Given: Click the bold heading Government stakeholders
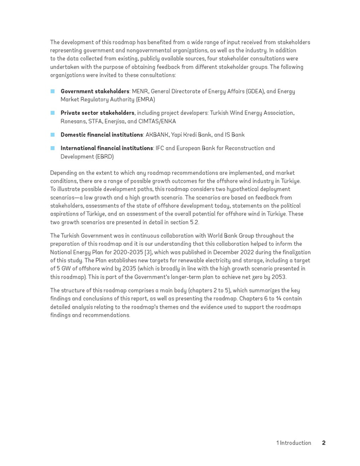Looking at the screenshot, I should [x=95, y=92].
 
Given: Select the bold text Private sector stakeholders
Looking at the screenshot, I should [x=97, y=113].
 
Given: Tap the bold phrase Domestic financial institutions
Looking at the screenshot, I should [x=101, y=135].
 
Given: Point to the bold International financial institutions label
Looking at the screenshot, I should [x=106, y=148].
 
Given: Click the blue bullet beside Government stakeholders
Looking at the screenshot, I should [x=52, y=92].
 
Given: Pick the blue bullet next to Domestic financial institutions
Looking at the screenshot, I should [x=52, y=135].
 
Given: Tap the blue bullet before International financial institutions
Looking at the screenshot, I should [x=52, y=148].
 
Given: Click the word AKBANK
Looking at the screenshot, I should [x=157, y=135].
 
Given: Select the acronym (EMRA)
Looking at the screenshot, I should [x=145, y=100].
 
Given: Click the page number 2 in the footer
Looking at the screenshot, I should [x=324, y=443].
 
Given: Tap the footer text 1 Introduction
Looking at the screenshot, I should [x=294, y=443].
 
